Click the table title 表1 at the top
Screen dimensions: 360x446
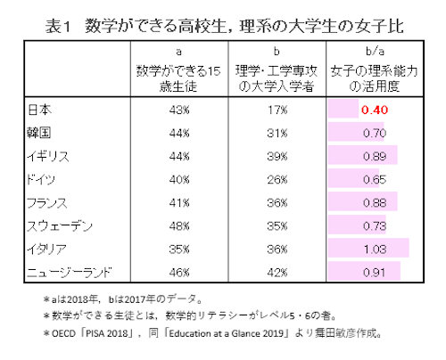point(62,26)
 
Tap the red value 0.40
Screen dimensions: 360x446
point(372,111)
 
